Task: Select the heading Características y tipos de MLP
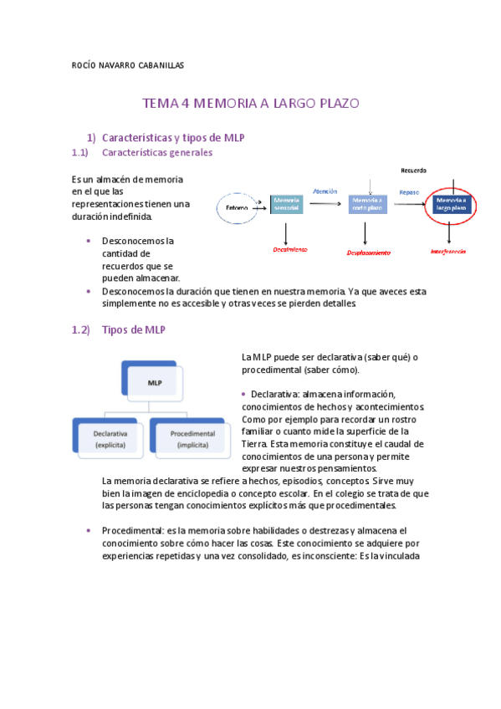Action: (172, 137)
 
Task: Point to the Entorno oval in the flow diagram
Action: (238, 207)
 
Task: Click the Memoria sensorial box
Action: (286, 204)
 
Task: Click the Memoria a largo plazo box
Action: (452, 204)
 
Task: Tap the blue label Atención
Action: (325, 191)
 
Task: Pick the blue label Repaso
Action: (409, 192)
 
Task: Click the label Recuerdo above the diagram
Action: (413, 170)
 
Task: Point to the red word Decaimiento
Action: (290, 249)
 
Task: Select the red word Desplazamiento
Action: (370, 252)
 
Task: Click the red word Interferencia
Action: (447, 250)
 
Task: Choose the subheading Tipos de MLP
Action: (133, 330)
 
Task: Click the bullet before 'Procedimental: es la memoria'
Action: (89, 531)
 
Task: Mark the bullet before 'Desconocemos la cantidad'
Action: (89, 241)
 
